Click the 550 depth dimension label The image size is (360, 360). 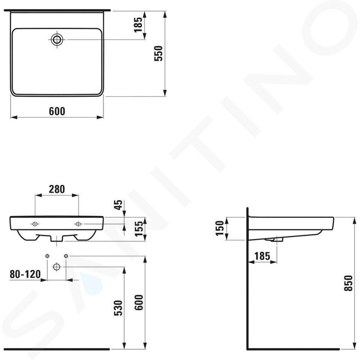pyautogui.click(x=158, y=54)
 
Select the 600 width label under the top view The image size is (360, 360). pyautogui.click(x=57, y=111)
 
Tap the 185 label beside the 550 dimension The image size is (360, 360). pyautogui.click(x=138, y=25)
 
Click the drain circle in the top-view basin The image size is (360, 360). pyautogui.click(x=57, y=39)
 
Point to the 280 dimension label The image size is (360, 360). pyautogui.click(x=57, y=189)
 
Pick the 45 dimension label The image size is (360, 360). pyautogui.click(x=118, y=205)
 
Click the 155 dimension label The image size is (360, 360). pyautogui.click(x=138, y=229)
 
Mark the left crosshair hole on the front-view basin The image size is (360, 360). pyautogui.click(x=35, y=224)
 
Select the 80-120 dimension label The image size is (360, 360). pyautogui.click(x=25, y=274)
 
